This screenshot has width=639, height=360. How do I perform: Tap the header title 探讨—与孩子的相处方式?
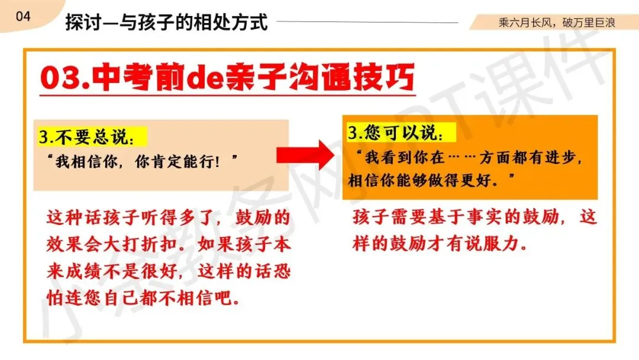(x=166, y=22)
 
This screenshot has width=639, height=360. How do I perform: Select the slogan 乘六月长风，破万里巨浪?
(x=557, y=22)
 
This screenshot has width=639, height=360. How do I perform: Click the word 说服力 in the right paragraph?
(x=497, y=243)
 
